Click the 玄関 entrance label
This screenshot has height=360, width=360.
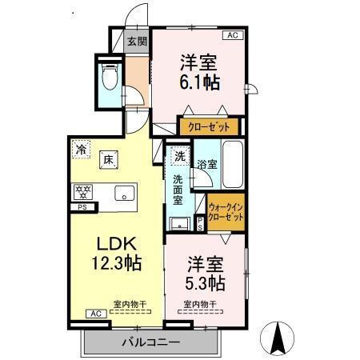point(136,41)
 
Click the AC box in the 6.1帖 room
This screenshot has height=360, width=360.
point(233,35)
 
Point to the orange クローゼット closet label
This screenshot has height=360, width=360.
point(209,126)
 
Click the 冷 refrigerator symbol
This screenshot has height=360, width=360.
point(82,148)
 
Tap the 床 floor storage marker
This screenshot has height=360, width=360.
point(107,158)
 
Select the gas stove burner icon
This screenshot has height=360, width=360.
point(82,191)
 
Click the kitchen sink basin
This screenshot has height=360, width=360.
point(123,193)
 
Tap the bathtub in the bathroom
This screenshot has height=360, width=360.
point(233,165)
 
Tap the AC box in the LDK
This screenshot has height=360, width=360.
point(93,313)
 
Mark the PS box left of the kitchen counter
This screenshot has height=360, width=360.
point(82,208)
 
